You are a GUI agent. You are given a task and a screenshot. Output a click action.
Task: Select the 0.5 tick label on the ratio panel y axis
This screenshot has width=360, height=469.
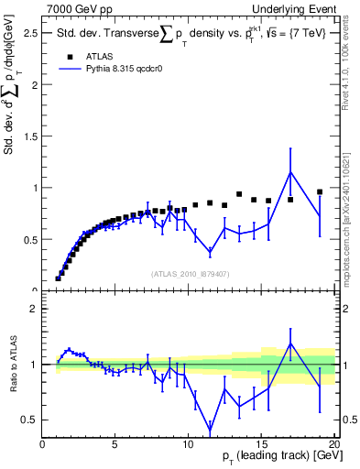(30, 420)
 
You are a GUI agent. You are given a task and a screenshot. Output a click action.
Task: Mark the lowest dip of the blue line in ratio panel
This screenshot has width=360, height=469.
(211, 431)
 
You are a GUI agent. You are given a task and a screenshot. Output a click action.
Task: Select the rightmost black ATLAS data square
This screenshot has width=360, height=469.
(320, 192)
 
